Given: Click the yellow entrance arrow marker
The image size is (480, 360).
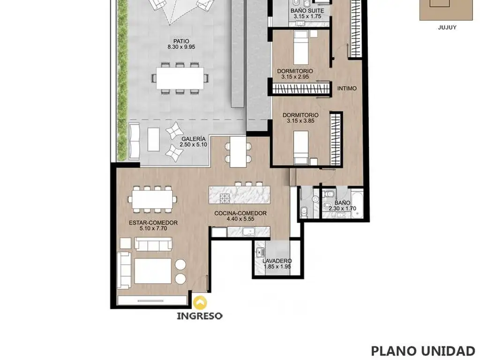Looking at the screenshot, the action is click(200, 303).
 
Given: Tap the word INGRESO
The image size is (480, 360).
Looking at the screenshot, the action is click(200, 316).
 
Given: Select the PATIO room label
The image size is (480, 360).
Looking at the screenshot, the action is click(181, 41).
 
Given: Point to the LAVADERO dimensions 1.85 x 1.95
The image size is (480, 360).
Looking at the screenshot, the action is click(277, 267).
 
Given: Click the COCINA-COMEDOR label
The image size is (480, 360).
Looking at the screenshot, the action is click(240, 213).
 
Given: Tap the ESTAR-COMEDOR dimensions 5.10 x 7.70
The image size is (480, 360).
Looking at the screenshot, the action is click(153, 228).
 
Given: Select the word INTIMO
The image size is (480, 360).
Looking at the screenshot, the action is click(347, 89).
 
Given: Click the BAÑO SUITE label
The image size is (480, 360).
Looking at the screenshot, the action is click(307, 11).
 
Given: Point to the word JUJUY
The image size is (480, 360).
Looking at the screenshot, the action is click(447, 27).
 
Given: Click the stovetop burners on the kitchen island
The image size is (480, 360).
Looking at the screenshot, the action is click(225, 198).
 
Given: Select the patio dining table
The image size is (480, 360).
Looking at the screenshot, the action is click(180, 78).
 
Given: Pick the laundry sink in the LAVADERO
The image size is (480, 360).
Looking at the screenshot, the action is click(261, 252).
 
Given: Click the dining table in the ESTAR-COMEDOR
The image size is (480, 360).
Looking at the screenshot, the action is click(152, 199).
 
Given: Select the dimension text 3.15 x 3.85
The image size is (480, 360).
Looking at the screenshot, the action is click(300, 121).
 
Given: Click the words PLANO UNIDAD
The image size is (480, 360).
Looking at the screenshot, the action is click(423, 351).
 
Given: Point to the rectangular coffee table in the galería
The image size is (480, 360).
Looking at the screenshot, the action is click(153, 139).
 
